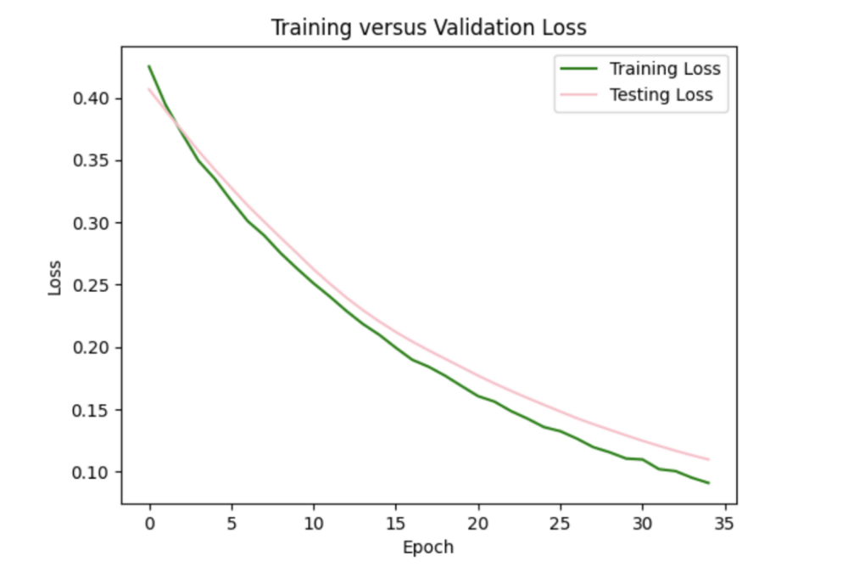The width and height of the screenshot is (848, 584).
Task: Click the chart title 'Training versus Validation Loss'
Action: pyautogui.click(x=428, y=28)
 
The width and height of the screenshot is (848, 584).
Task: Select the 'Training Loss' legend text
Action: pyautogui.click(x=665, y=69)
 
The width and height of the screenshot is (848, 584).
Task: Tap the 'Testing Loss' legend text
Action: pyautogui.click(x=661, y=95)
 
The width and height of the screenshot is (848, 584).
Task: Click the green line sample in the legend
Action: pyautogui.click(x=577, y=69)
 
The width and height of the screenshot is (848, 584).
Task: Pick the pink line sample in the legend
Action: pyautogui.click(x=577, y=95)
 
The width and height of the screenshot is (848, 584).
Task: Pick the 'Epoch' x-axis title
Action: pyautogui.click(x=428, y=547)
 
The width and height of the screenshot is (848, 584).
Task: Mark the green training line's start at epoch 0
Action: pyautogui.click(x=149, y=66)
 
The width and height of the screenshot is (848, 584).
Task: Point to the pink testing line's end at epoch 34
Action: pyautogui.click(x=708, y=459)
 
